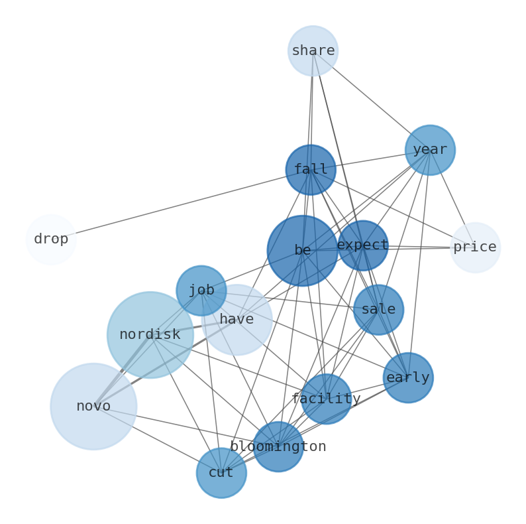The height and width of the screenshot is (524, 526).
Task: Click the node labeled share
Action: (x=313, y=51)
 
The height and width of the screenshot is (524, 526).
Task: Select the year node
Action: (x=430, y=150)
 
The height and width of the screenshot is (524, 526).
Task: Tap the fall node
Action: (x=311, y=170)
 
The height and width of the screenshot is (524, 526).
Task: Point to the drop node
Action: (x=51, y=239)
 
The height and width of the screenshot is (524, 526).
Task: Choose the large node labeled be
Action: (x=303, y=251)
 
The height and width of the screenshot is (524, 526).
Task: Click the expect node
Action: (x=362, y=245)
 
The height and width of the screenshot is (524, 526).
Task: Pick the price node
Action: (x=475, y=247)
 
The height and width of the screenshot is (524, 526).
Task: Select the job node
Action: (x=201, y=291)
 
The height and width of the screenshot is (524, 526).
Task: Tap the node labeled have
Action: (x=237, y=320)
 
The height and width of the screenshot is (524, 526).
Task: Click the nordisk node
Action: (x=150, y=335)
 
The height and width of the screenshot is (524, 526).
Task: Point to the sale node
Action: (x=378, y=310)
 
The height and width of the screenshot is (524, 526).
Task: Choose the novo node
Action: (x=93, y=407)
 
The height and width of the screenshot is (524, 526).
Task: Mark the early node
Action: (x=408, y=378)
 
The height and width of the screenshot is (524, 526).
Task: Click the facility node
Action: (x=326, y=399)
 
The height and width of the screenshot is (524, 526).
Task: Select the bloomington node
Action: (x=278, y=447)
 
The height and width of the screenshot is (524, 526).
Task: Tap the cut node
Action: (x=221, y=473)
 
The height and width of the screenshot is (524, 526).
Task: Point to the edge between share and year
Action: (x=371, y=100)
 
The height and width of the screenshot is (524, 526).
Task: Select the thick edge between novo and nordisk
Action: (x=122, y=371)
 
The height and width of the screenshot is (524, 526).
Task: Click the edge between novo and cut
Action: (x=158, y=440)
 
